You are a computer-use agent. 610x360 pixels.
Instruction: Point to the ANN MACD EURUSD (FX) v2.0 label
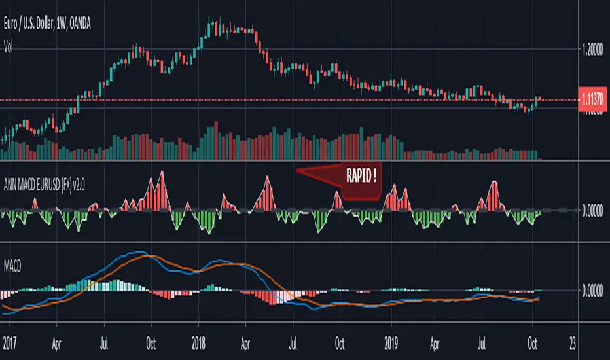coord(56,184)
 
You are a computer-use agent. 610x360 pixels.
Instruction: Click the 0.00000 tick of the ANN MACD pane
coord(595,210)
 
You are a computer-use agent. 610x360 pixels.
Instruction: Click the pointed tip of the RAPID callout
coord(297,171)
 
